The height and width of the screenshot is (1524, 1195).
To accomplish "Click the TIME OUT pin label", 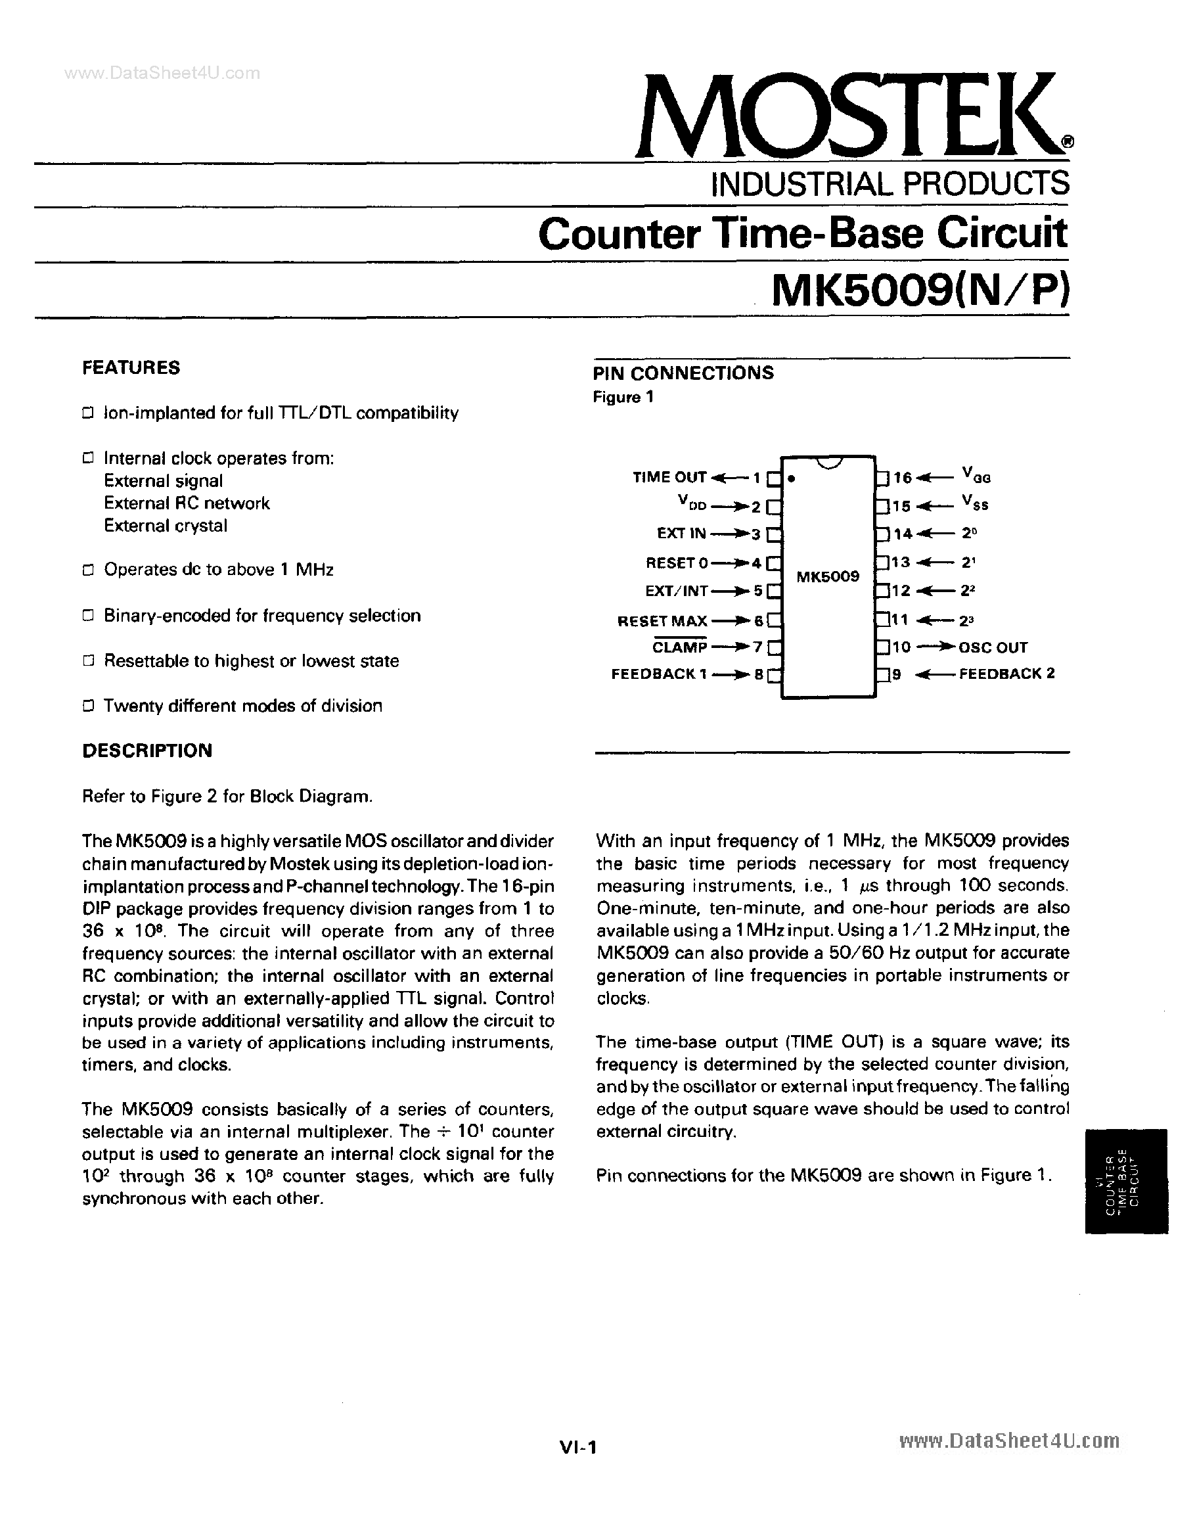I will [x=669, y=477].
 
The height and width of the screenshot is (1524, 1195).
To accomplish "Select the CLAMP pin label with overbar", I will [x=679, y=647].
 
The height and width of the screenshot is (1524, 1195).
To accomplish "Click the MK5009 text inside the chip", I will [x=828, y=576].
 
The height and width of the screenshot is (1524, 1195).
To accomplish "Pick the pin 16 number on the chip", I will [x=903, y=477].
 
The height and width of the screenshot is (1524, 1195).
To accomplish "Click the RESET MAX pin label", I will [x=662, y=620].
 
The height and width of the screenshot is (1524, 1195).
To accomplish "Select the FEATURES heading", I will [x=131, y=368].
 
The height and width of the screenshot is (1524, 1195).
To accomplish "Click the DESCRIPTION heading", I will [x=147, y=750].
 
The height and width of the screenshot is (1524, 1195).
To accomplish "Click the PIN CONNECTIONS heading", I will [x=683, y=373].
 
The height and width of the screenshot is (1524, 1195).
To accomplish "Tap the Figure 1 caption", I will [x=623, y=398].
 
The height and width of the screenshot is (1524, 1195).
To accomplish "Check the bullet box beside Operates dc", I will [x=88, y=570].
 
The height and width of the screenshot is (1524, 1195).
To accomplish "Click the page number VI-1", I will [x=577, y=1448].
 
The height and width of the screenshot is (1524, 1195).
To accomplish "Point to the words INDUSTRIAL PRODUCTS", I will [x=890, y=184].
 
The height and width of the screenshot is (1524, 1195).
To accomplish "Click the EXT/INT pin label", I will [x=676, y=591].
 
